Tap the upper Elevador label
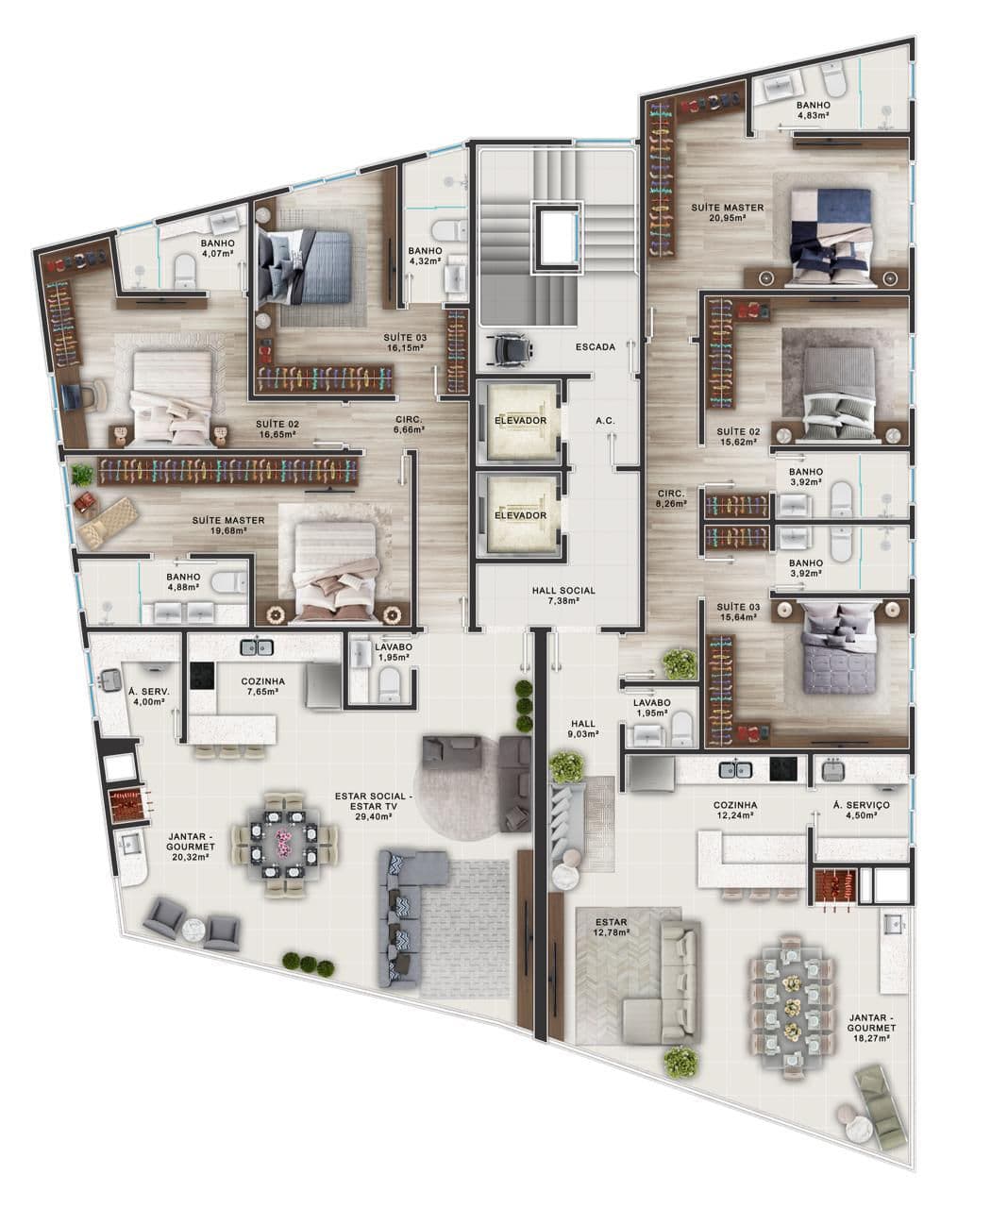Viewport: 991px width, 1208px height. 520,420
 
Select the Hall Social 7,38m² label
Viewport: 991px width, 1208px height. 563,596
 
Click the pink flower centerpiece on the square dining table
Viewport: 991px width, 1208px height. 282,842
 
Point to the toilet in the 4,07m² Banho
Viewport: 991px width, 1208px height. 184,272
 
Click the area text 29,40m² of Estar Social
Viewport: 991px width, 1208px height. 374,816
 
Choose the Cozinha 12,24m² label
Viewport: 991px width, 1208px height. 735,810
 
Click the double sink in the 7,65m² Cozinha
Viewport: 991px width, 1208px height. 257,647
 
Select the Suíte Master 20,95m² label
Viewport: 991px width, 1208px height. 728,212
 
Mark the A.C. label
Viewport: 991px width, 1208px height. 605,420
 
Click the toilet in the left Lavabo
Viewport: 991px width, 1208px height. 390,686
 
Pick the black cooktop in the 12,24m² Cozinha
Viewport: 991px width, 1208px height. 783,768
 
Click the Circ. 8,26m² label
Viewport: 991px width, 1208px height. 671,499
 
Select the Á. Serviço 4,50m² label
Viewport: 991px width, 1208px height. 861,810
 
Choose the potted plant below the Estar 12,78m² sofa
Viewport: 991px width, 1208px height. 681,1061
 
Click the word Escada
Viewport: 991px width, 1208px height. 596,347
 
